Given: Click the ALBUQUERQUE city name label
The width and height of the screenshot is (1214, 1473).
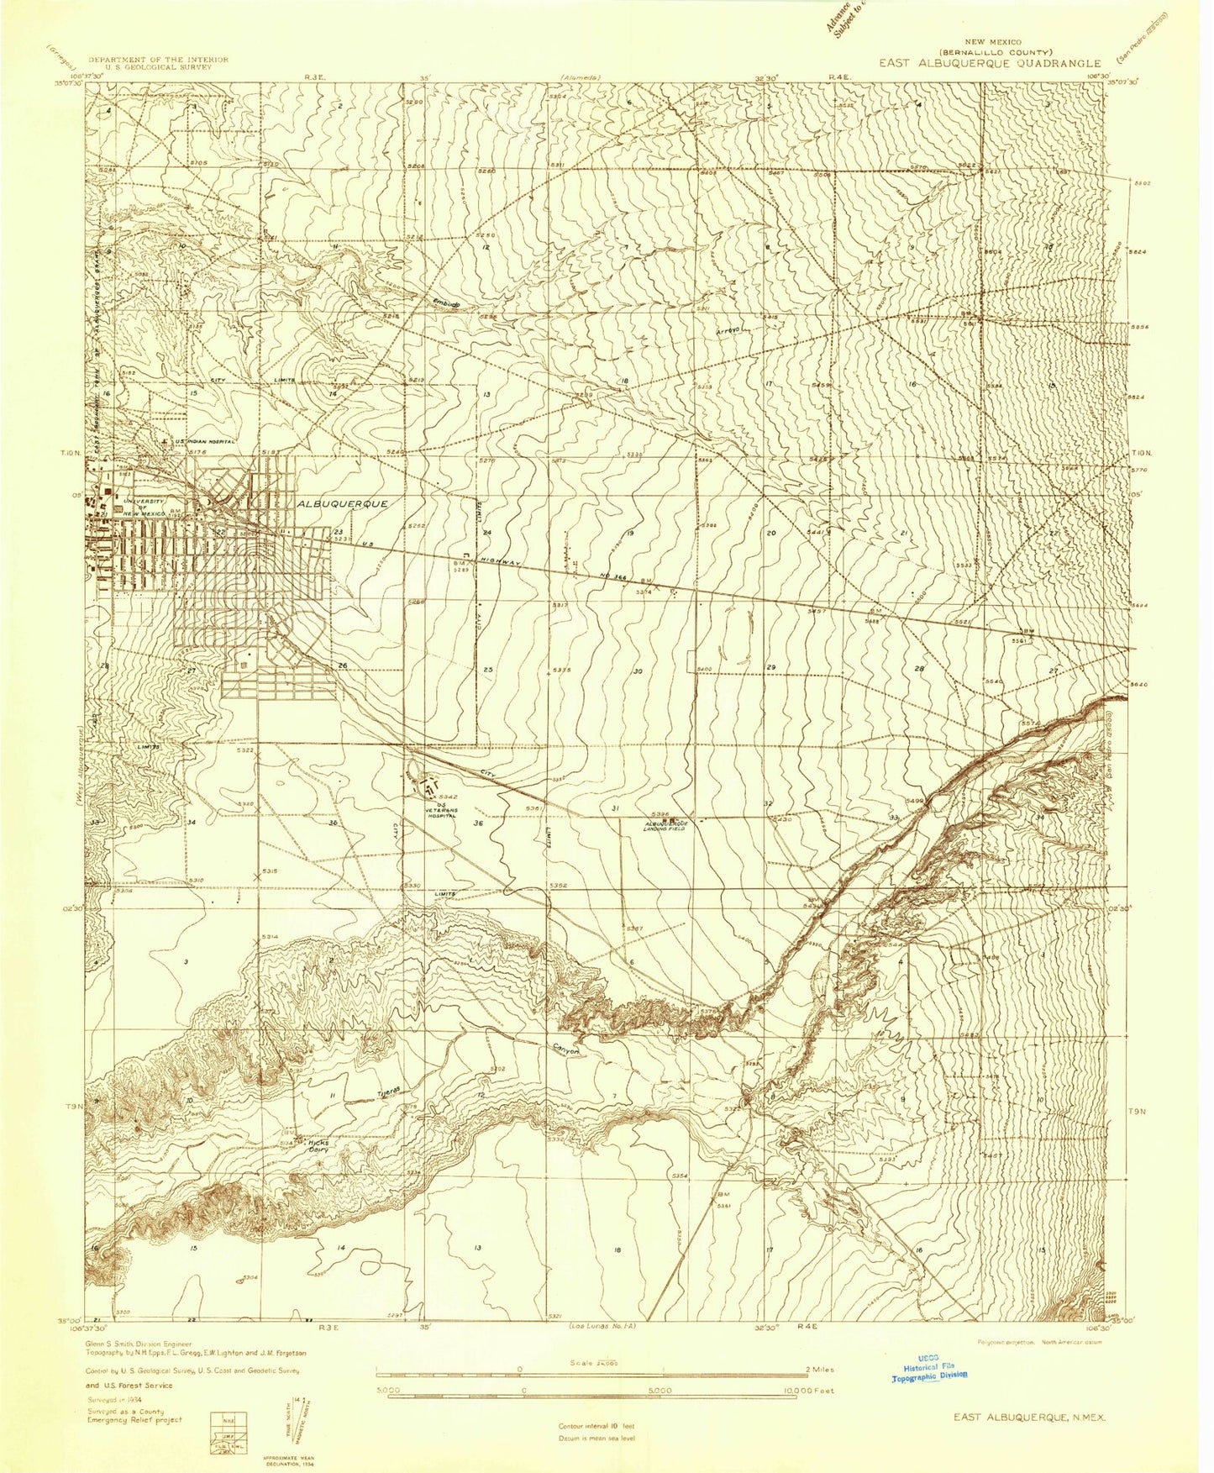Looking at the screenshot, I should click(x=342, y=503).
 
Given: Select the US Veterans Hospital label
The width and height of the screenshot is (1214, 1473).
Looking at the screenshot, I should click(x=440, y=809).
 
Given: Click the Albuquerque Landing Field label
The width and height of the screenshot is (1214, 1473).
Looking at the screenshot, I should click(x=667, y=827).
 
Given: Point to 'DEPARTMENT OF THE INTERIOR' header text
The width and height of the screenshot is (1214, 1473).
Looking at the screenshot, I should click(x=158, y=60).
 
